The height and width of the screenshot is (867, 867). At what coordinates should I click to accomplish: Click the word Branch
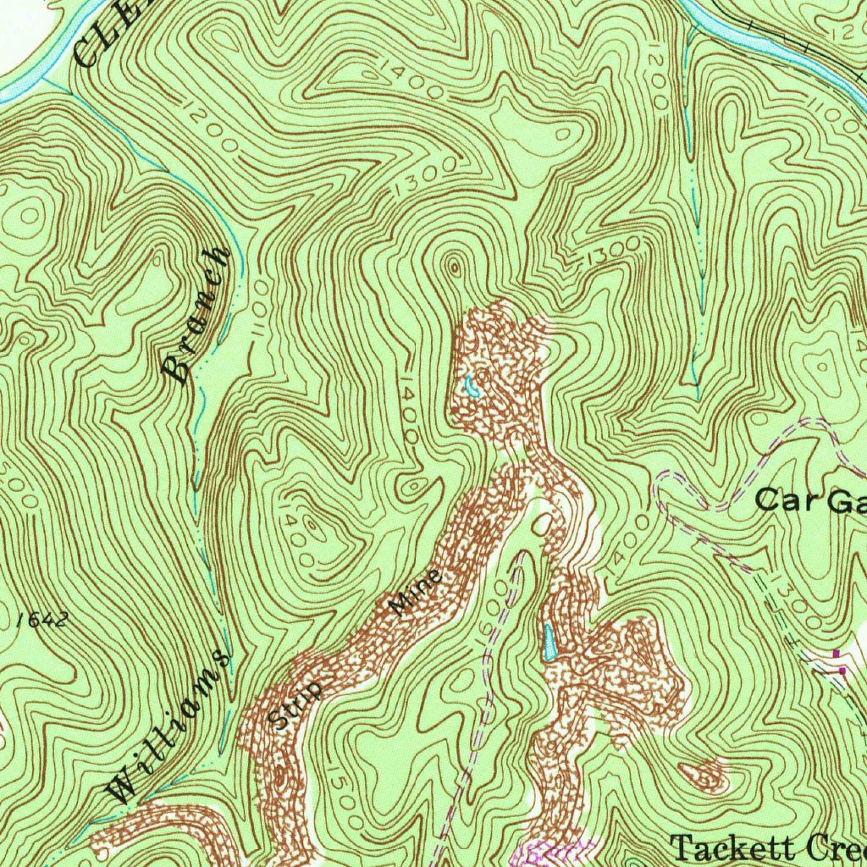(x=196, y=316)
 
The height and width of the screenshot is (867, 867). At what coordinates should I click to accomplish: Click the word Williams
(x=169, y=726)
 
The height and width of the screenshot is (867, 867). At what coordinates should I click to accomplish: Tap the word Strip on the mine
(x=297, y=704)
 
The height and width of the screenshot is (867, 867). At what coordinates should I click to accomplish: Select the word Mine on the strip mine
(x=416, y=593)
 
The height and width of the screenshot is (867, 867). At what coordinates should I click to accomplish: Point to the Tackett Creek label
(x=766, y=847)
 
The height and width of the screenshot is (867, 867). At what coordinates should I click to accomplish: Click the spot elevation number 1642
(x=41, y=620)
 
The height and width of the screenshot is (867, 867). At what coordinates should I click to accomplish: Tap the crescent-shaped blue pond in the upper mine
(x=471, y=388)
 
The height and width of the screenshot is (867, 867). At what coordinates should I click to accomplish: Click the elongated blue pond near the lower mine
(x=549, y=643)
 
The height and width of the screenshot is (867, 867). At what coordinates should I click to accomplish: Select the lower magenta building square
(x=843, y=670)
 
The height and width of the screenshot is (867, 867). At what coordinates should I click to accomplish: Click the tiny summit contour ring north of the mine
(x=455, y=268)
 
